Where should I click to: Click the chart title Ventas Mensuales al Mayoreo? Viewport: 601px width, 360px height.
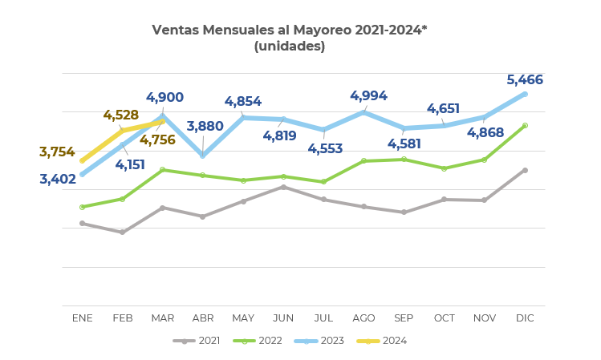click(x=289, y=30)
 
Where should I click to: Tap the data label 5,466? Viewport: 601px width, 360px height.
click(x=525, y=80)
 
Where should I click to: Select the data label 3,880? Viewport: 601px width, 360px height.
click(x=205, y=127)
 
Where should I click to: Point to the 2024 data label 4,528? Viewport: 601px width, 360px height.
click(x=121, y=115)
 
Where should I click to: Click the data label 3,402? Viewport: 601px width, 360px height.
click(x=58, y=179)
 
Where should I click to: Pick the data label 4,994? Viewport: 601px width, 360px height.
click(x=368, y=96)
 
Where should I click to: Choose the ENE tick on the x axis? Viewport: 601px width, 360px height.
click(x=83, y=318)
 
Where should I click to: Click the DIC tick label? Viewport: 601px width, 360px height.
click(x=525, y=318)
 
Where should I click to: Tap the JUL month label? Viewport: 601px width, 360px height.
click(x=323, y=318)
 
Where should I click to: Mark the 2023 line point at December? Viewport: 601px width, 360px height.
click(x=525, y=94)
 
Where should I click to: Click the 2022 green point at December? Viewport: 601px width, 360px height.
click(x=525, y=125)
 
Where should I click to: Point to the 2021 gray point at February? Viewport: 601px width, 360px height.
click(x=123, y=233)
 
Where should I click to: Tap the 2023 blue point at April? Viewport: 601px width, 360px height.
click(x=203, y=155)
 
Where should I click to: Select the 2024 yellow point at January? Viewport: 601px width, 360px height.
click(x=83, y=160)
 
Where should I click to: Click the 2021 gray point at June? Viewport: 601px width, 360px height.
click(x=283, y=187)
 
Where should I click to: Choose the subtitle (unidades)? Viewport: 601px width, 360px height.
click(x=289, y=47)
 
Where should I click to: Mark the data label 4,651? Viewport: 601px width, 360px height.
click(x=443, y=109)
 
